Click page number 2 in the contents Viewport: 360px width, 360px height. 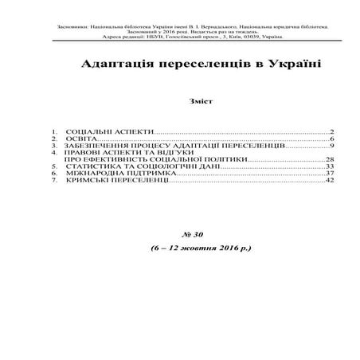click(331, 131)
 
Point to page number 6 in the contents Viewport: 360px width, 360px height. click(331, 139)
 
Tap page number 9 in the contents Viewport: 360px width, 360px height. click(331, 147)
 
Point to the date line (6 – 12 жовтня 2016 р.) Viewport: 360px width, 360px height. click(199, 248)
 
